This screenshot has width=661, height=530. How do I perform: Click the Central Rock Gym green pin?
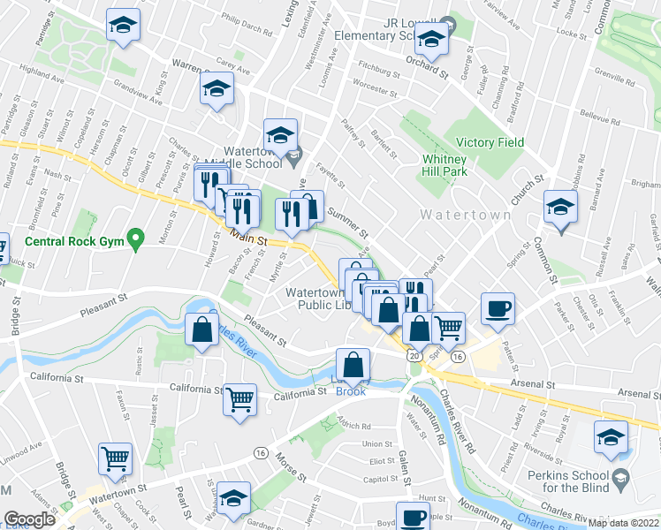point(135,238)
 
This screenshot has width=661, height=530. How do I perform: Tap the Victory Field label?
point(490,142)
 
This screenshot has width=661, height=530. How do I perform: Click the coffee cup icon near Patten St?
point(498,308)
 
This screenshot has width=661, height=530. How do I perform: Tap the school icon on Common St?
point(560,208)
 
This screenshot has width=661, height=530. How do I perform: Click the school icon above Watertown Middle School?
point(280,134)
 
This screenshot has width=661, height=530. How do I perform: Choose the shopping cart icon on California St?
point(240,399)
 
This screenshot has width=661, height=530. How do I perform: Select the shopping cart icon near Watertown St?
point(116,458)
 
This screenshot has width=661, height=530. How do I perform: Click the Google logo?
point(29,519)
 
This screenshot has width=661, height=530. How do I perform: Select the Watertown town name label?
point(465,215)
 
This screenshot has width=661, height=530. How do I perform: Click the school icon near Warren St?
point(216,90)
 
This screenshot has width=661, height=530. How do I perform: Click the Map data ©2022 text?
point(624,523)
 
